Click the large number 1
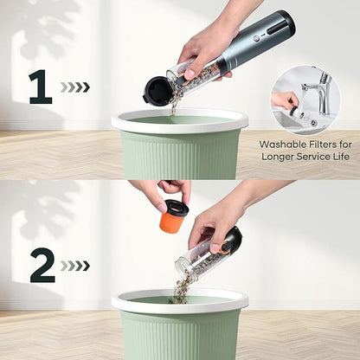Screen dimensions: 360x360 pyautogui.click(x=41, y=87)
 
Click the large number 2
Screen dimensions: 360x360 pyautogui.click(x=42, y=265)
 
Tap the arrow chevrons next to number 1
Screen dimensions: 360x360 pyautogui.click(x=75, y=87)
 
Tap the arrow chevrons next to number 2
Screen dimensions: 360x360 pyautogui.click(x=75, y=266)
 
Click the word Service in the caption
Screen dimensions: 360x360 pyautogui.click(x=313, y=157)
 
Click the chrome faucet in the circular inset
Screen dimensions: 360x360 pyautogui.click(x=320, y=87)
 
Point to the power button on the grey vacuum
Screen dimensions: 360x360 pyautogui.click(x=255, y=38)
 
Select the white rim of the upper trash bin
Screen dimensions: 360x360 pyautogui.click(x=180, y=121)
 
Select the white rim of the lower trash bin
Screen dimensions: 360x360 pyautogui.click(x=180, y=301)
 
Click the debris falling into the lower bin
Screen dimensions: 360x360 pyautogui.click(x=180, y=290)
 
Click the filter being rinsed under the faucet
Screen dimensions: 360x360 pyautogui.click(x=297, y=112)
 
